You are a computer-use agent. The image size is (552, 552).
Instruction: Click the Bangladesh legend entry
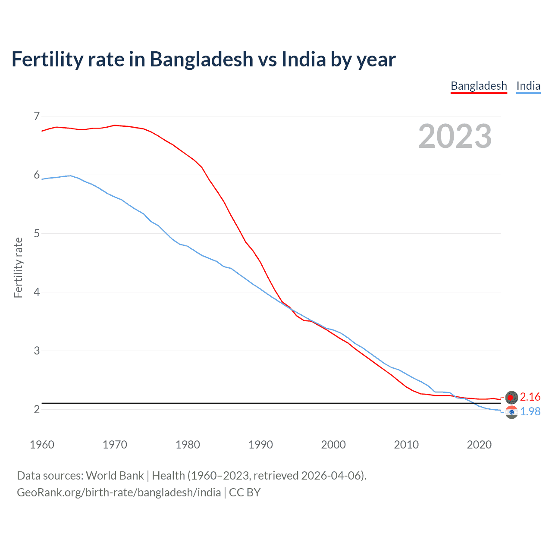pos(479,86)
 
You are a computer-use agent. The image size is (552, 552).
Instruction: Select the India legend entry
pos(528,86)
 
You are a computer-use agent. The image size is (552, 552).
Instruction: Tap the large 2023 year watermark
pos(455,136)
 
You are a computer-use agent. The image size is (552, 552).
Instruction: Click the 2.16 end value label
pos(530,397)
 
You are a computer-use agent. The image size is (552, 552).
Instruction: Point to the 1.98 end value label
pos(530,411)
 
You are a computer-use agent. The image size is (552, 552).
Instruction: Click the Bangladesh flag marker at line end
pos(511,397)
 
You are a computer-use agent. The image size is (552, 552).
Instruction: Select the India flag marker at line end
pos(511,412)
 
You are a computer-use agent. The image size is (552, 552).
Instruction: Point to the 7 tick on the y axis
pos(37,116)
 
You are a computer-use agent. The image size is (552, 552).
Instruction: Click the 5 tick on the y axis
pos(37,233)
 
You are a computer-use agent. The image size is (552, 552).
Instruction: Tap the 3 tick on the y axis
pos(37,351)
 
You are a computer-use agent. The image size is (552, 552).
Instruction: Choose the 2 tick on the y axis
pos(37,409)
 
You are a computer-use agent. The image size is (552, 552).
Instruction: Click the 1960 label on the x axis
pos(42,445)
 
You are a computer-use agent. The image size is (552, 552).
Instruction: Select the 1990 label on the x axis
pos(260,445)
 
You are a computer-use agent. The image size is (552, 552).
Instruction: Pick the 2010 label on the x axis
pos(406,445)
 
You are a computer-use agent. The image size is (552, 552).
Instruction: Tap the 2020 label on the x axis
pos(479,445)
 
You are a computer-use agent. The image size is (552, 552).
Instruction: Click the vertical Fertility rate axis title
pos(18,267)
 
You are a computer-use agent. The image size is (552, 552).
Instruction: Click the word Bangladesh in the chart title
pos(201,60)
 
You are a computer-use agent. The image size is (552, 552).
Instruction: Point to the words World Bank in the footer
pos(115,476)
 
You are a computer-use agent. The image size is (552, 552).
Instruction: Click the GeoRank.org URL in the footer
pos(119,492)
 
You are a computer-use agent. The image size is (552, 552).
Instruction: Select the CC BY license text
pos(245,492)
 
